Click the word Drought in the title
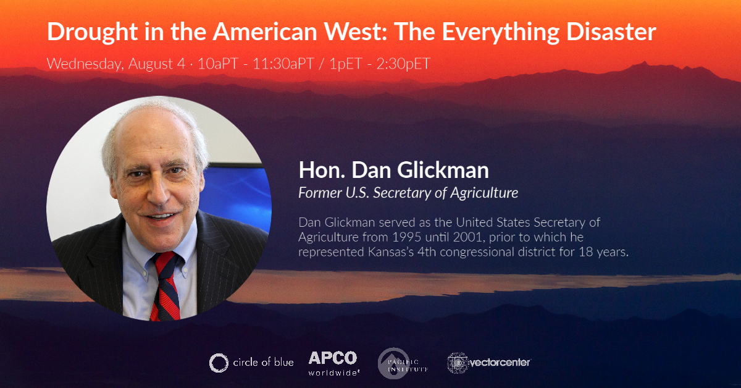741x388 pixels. coord(92,32)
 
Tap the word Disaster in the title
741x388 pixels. coord(611,32)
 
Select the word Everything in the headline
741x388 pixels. coord(501,33)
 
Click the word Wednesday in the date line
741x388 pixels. coord(85,64)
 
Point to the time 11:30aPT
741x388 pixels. coord(283,64)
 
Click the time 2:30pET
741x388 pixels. coord(403,64)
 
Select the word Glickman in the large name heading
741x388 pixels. coord(443,170)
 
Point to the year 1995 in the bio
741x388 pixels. coord(406,237)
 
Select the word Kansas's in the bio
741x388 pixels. coord(391,252)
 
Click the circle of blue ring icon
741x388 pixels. coord(219,363)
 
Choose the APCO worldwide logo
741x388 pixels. coord(333,363)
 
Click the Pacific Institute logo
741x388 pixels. coord(403,363)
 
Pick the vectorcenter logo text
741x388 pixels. coord(500,363)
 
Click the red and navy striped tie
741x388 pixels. coord(165,285)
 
